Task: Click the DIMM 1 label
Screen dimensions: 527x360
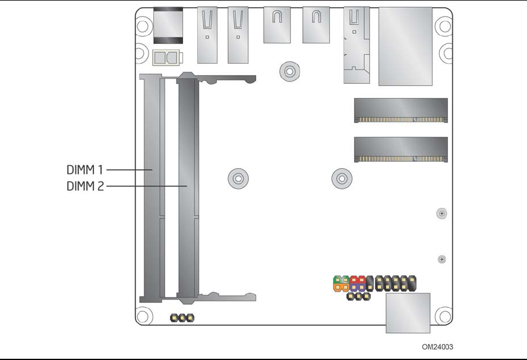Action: [x=86, y=170]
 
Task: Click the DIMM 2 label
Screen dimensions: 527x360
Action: [x=86, y=186]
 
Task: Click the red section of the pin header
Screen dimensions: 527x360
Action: [x=357, y=279]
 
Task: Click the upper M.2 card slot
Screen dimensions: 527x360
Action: [x=400, y=110]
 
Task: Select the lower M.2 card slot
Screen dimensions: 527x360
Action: [x=400, y=150]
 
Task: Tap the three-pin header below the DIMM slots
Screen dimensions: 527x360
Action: [x=182, y=319]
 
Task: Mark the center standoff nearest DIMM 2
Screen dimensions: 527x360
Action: [x=237, y=178]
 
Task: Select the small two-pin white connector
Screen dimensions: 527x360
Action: [x=166, y=58]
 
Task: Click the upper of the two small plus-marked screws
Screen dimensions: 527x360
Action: [x=441, y=213]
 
